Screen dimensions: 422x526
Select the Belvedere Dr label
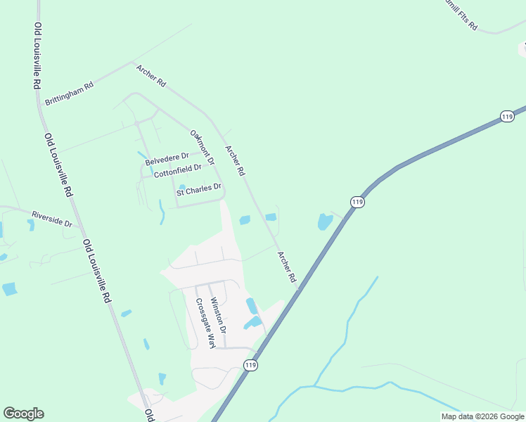(167, 159)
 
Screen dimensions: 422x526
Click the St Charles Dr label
(199, 190)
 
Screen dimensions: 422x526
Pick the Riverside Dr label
(51, 219)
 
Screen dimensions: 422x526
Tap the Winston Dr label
(218, 315)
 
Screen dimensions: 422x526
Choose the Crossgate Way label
(204, 323)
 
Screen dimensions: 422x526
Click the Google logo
(23, 414)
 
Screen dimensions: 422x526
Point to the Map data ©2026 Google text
(482, 416)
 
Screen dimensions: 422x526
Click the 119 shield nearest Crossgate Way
(251, 365)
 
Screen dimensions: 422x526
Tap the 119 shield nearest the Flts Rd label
(508, 117)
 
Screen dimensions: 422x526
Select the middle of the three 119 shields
(358, 202)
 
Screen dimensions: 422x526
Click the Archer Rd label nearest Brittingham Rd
(151, 76)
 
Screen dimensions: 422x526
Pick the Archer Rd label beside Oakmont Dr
(234, 160)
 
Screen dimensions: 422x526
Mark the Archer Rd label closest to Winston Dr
(287, 267)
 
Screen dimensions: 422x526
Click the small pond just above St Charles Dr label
(182, 186)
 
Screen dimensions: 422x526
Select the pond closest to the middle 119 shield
(324, 222)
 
